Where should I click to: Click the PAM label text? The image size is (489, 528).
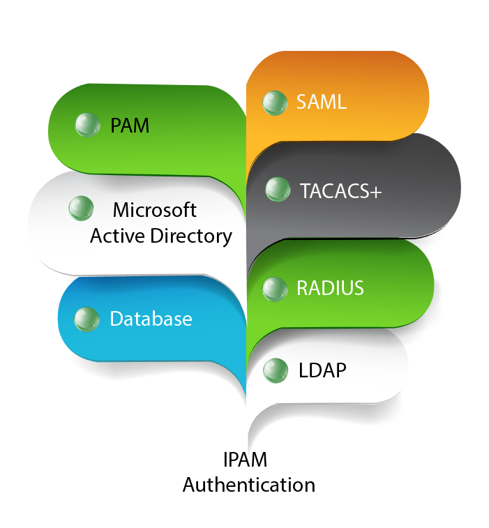coord(130,126)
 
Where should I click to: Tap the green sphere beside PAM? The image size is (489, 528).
coord(87,125)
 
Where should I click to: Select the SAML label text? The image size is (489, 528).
coord(321,102)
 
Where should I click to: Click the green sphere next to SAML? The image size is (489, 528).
coord(275,102)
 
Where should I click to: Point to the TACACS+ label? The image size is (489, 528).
coord(340,190)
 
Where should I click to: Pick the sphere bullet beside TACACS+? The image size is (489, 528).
coord(278,189)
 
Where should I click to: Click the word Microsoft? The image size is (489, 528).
coord(155,210)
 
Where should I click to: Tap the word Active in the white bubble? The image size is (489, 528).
coord(115,236)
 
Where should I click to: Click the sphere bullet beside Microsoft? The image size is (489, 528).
coord(81,208)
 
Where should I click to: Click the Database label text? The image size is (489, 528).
coord(151,319)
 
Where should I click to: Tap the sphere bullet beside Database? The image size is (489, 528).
coord(86,319)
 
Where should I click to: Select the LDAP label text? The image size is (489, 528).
coord(322,370)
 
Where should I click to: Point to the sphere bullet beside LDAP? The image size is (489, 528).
coord(276,370)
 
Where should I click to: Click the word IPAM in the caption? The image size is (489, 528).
coord(245,460)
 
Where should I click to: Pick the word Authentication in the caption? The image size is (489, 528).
coord(248,485)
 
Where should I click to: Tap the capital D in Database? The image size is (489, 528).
coord(116,319)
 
